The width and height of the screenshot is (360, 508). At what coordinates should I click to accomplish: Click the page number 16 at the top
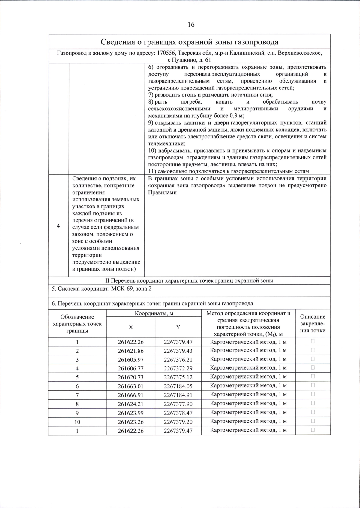pyautogui.click(x=191, y=25)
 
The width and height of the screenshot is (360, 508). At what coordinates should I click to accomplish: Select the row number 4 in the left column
pyautogui.click(x=58, y=226)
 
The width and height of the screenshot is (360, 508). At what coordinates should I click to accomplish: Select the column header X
pyautogui.click(x=131, y=327)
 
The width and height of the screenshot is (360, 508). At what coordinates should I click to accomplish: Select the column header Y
pyautogui.click(x=178, y=327)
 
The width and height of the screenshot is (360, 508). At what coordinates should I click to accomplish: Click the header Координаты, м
pyautogui.click(x=154, y=313)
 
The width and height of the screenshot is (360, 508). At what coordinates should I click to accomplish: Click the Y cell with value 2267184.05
pyautogui.click(x=178, y=386)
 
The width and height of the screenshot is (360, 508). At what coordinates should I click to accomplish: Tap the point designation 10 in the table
pyautogui.click(x=77, y=422)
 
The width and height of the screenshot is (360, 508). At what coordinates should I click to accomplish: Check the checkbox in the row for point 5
pyautogui.click(x=313, y=376)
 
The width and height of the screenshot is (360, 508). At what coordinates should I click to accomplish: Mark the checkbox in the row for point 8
pyautogui.click(x=313, y=403)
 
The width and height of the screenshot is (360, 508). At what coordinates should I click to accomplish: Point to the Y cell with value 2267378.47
pyautogui.click(x=178, y=413)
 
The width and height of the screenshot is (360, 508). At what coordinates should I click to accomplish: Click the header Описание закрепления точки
pyautogui.click(x=313, y=324)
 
